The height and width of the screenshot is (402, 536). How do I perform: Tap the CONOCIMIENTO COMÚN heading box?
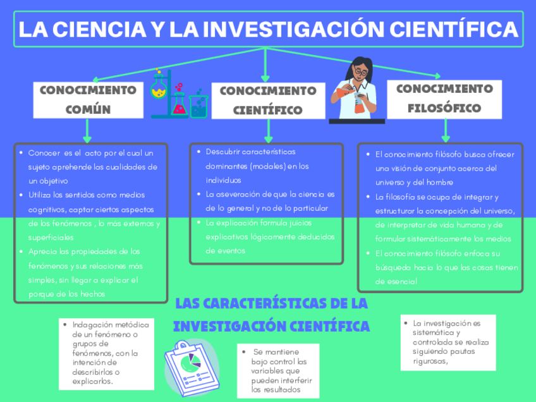87,99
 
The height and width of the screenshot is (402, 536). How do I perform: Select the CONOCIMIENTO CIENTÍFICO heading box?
268,100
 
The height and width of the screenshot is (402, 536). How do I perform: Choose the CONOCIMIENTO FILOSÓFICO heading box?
445,98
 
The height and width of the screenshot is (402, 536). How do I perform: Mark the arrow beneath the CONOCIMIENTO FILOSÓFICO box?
446,131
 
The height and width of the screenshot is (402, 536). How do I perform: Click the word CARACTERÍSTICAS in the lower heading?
271,304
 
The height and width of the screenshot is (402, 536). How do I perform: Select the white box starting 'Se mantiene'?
275,370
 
